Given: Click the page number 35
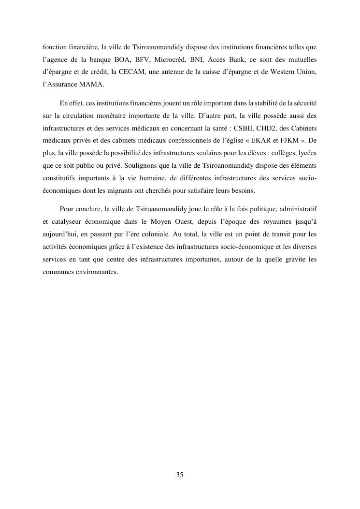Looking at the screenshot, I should [180, 475].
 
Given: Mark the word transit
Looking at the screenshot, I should [277, 234].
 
